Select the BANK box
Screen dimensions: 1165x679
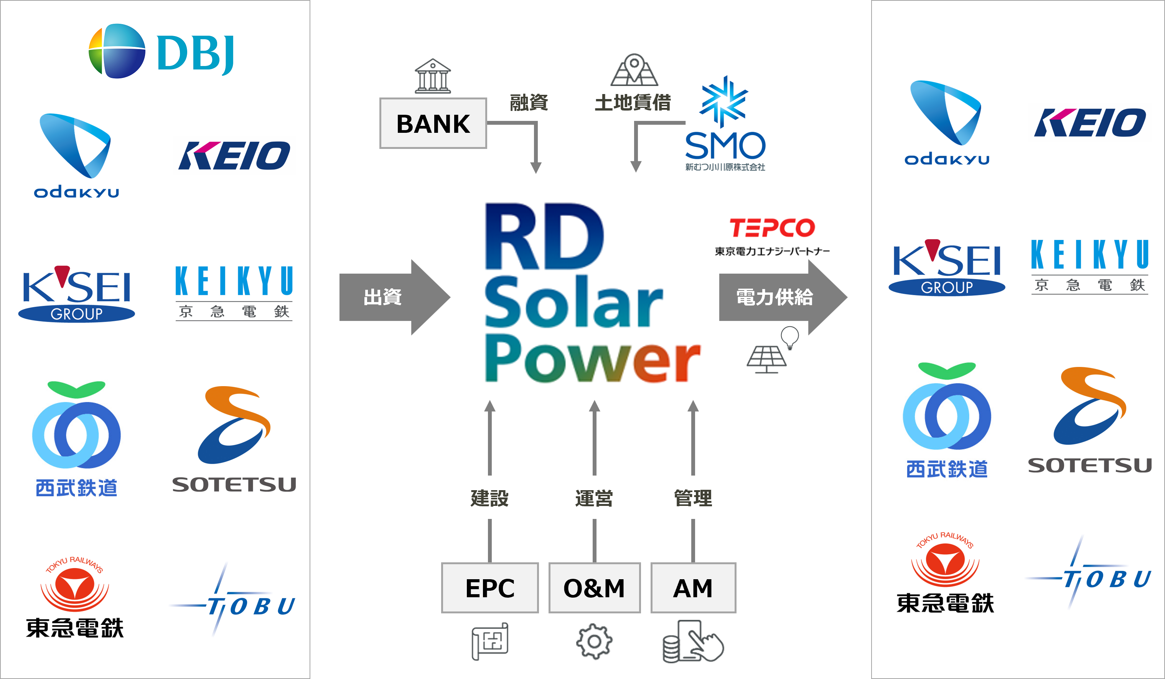(433, 123)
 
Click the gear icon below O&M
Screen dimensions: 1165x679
(595, 641)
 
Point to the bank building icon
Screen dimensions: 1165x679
(433, 76)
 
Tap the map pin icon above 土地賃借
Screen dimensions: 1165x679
(634, 70)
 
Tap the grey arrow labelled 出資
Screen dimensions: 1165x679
(394, 297)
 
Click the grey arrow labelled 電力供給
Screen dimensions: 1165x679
(783, 297)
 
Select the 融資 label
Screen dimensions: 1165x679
(529, 102)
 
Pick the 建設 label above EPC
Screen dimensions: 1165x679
(489, 498)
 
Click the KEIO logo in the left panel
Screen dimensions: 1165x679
(234, 155)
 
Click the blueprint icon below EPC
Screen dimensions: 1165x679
(490, 641)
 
